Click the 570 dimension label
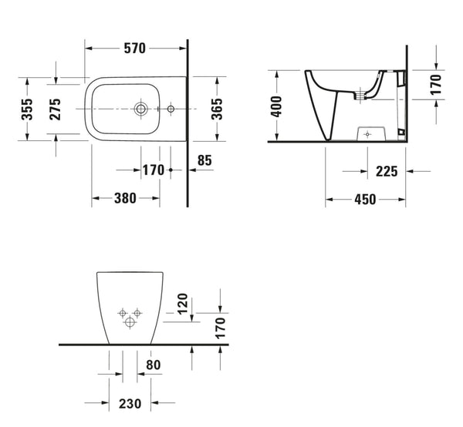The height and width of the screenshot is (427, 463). pyautogui.click(x=134, y=48)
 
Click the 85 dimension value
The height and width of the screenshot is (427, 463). pyautogui.click(x=204, y=161)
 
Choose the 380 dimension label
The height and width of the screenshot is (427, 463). pyautogui.click(x=125, y=198)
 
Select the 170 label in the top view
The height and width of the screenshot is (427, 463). pyautogui.click(x=153, y=170)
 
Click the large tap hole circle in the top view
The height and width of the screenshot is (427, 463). pyautogui.click(x=140, y=109)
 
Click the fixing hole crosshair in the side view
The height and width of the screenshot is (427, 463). pyautogui.click(x=367, y=133)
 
